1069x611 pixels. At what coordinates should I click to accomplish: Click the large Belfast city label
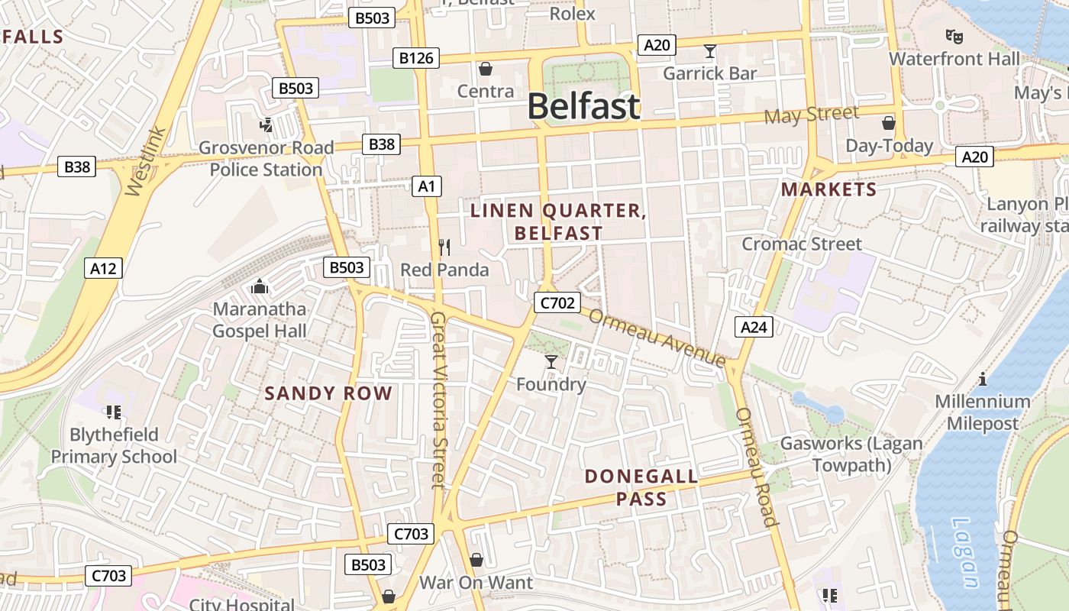(584, 106)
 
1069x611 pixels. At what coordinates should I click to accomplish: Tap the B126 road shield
(416, 57)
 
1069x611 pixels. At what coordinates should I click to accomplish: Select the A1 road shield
(427, 186)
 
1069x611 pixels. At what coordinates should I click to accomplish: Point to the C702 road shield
(557, 302)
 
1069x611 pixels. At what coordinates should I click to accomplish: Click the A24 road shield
(754, 327)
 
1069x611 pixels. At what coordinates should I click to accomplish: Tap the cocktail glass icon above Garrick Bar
(710, 51)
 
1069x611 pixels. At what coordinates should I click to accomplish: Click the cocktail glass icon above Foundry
(551, 361)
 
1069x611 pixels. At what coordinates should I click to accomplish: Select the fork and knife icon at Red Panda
(445, 247)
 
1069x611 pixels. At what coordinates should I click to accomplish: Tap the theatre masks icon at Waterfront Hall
(954, 36)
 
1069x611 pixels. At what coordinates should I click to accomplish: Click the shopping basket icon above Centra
(485, 70)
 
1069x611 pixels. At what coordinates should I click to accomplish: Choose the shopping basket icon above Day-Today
(889, 123)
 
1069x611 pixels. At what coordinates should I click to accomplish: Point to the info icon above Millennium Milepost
(983, 379)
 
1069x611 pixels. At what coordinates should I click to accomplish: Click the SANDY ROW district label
(328, 393)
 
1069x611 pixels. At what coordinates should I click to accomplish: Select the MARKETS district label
(829, 189)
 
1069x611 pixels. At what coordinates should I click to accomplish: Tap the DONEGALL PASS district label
(641, 488)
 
